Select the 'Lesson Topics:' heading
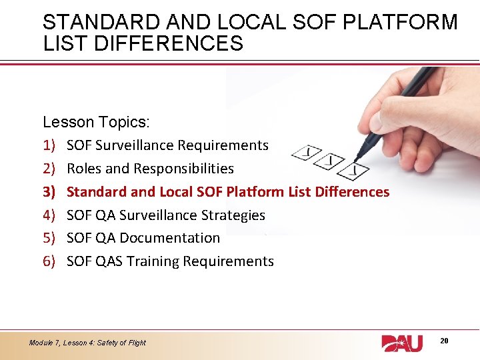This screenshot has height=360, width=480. (x=97, y=122)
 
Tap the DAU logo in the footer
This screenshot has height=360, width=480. (x=402, y=343)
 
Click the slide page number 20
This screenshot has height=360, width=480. (x=444, y=341)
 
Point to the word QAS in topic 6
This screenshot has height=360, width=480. (x=110, y=261)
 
